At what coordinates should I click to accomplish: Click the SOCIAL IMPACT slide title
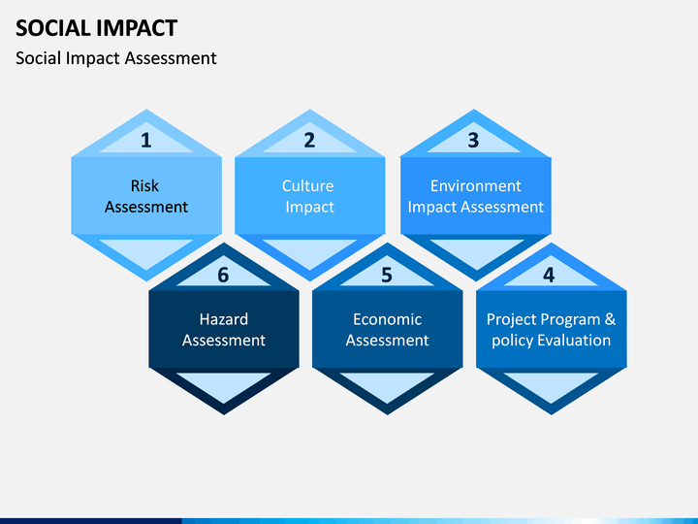(x=97, y=28)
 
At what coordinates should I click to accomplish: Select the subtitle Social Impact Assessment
(x=116, y=58)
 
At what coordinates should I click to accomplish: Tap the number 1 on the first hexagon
(x=146, y=141)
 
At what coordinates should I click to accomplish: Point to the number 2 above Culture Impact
(x=309, y=141)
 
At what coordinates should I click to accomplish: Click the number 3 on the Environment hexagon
(x=473, y=141)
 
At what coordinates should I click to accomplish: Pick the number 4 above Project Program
(x=549, y=275)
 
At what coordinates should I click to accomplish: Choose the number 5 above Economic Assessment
(x=387, y=275)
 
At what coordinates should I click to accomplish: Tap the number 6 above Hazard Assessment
(x=223, y=275)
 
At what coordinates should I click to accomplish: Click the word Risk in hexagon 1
(x=144, y=185)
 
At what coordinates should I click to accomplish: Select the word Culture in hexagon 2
(x=307, y=185)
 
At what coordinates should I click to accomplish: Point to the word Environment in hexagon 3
(x=475, y=185)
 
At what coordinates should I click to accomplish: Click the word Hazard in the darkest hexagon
(x=224, y=319)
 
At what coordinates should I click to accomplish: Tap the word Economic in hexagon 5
(x=387, y=319)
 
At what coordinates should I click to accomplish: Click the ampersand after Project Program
(x=610, y=319)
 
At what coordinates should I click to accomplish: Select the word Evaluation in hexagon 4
(x=574, y=341)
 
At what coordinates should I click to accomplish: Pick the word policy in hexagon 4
(x=513, y=342)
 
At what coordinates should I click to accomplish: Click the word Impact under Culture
(x=310, y=208)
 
